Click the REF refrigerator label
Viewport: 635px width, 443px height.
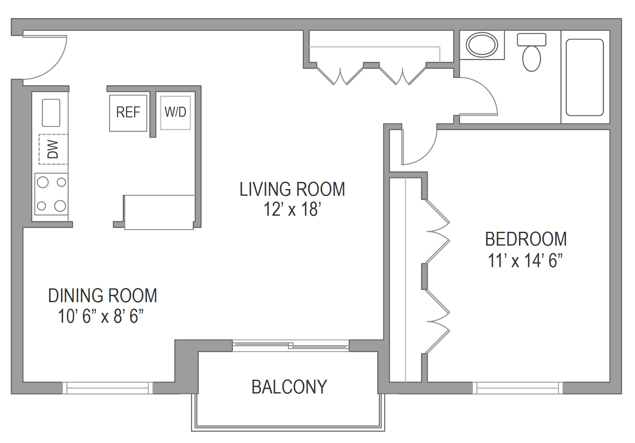(128, 112)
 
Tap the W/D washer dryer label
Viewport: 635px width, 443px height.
(175, 112)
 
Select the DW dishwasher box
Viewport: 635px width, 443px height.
(53, 149)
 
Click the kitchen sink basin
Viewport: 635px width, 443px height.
(51, 113)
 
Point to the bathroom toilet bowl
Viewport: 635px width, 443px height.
(532, 59)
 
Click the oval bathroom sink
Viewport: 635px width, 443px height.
(482, 45)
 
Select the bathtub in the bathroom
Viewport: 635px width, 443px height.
(585, 77)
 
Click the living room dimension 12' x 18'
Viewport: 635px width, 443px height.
(292, 209)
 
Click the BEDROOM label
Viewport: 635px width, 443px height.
(526, 239)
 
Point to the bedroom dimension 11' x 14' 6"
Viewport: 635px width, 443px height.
(525, 260)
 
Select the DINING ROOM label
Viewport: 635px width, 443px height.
(103, 296)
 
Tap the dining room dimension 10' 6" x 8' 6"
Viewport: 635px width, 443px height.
(101, 316)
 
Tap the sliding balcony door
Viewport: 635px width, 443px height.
(291, 346)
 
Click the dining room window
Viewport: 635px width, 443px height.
(108, 388)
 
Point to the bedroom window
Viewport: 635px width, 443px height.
(518, 388)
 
